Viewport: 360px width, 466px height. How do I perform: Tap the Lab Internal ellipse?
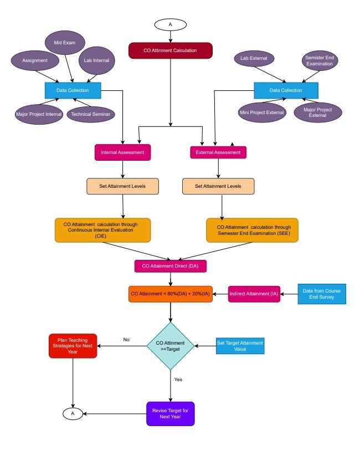(97, 60)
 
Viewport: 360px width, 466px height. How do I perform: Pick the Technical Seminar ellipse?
(89, 114)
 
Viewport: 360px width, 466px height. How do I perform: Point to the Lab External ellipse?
(254, 58)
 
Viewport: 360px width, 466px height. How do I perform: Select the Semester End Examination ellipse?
(318, 60)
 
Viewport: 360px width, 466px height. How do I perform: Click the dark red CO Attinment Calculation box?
(171, 50)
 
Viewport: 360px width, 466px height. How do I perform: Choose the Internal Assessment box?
(122, 152)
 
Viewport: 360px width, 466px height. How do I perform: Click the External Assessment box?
(218, 152)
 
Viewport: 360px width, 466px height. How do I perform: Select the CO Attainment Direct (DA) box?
(171, 266)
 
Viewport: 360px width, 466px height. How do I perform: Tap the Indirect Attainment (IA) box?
(254, 294)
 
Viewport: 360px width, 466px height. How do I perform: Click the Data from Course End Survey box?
(322, 294)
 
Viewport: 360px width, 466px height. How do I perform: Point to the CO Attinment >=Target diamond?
(171, 346)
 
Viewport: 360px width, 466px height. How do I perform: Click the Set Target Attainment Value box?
(240, 346)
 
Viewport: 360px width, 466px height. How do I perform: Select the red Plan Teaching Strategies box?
(73, 346)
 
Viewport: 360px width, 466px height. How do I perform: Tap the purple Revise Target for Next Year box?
(171, 413)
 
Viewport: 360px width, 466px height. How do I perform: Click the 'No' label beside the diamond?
(126, 340)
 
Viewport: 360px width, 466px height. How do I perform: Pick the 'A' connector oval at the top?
(171, 24)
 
